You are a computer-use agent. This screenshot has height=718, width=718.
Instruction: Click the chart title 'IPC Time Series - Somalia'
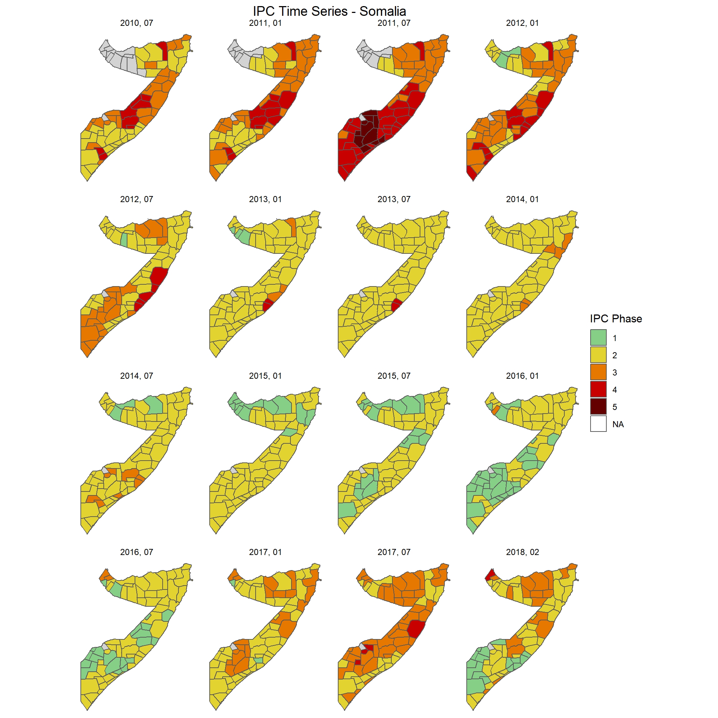click(329, 11)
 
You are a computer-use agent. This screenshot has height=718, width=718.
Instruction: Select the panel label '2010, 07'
click(136, 23)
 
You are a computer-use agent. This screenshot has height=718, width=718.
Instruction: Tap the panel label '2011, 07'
click(394, 23)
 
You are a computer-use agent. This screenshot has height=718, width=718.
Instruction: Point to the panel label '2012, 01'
click(522, 23)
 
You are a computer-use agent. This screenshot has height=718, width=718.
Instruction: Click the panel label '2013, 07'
click(394, 199)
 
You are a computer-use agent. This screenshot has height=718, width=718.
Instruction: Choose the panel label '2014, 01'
click(522, 199)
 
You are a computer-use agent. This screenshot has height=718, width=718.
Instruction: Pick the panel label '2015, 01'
click(265, 376)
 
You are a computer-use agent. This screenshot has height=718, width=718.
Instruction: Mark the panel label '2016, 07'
click(136, 552)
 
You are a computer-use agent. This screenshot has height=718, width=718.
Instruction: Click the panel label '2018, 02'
click(522, 552)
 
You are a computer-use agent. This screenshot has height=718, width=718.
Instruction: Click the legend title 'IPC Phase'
click(616, 318)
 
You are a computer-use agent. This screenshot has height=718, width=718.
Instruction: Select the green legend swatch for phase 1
click(598, 337)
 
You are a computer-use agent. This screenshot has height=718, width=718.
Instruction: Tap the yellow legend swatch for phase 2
click(598, 355)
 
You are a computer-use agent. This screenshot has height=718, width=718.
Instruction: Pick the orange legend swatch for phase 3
click(598, 372)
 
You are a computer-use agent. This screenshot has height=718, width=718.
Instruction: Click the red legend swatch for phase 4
click(598, 390)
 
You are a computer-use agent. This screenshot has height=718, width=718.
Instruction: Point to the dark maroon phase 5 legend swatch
click(598, 407)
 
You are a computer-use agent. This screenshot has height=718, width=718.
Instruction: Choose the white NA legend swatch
click(598, 424)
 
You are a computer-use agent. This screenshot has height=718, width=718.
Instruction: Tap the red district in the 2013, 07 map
click(396, 305)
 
